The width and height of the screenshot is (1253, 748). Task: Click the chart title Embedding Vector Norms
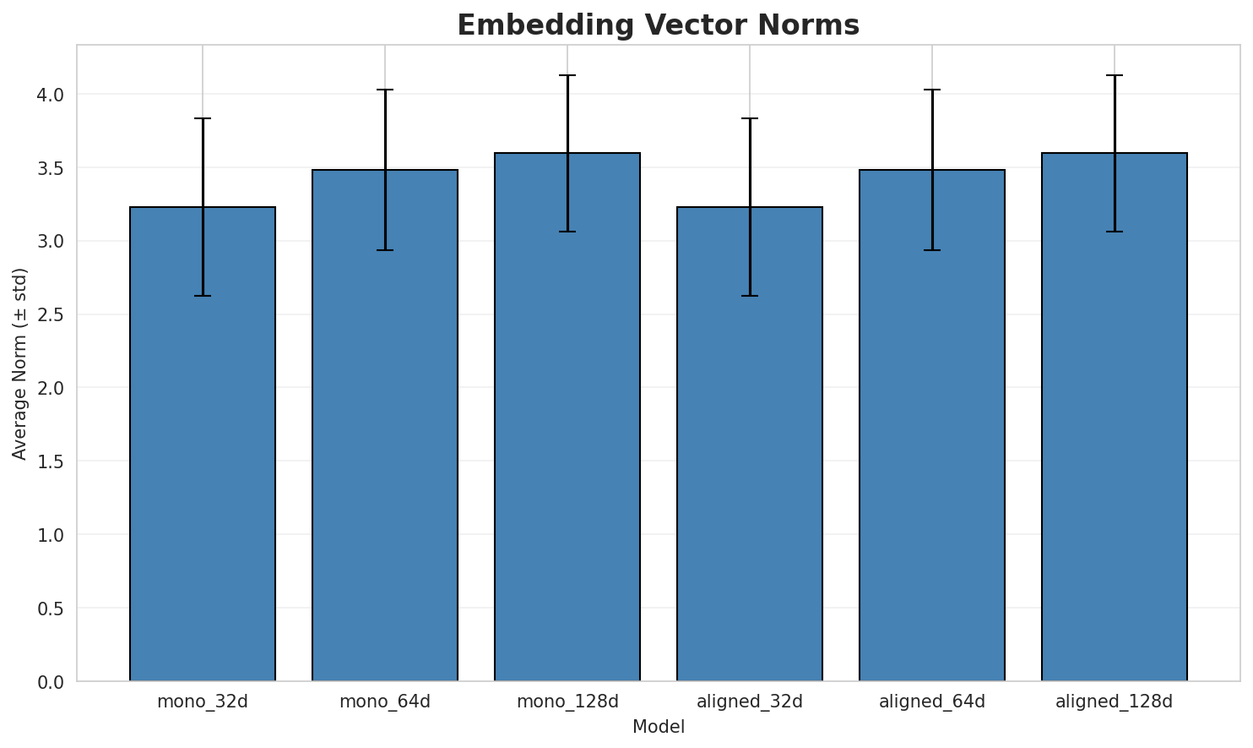click(658, 25)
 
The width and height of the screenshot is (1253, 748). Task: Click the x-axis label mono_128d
click(567, 702)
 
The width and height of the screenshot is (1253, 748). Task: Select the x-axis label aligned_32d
click(750, 702)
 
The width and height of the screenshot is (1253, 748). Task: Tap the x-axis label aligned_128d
click(1115, 702)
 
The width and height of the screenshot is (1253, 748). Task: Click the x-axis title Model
click(658, 727)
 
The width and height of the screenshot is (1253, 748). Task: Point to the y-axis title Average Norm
click(20, 363)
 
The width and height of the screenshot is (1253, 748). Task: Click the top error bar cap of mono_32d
click(203, 118)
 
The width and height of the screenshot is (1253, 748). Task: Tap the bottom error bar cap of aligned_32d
click(750, 296)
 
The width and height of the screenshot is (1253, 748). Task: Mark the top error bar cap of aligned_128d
click(1115, 75)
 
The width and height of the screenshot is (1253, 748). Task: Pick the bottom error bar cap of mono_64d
click(385, 250)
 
